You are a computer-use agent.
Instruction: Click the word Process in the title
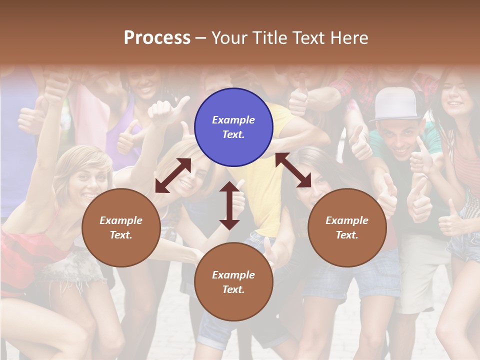point(157,38)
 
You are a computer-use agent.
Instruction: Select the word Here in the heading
point(350,38)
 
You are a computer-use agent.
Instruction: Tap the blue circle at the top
point(233,127)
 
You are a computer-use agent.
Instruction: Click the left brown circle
point(121,227)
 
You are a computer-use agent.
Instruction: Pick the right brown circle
point(347,227)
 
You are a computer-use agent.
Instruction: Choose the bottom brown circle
point(233,282)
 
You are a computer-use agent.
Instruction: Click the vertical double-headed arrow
point(229,205)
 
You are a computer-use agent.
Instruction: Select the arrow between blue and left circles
point(173,175)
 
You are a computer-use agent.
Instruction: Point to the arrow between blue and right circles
point(293,170)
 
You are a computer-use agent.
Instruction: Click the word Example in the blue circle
point(233,120)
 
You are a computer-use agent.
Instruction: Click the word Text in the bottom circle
point(232,289)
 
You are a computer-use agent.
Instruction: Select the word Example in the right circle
point(347,220)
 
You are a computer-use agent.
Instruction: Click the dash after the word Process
point(201,38)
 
